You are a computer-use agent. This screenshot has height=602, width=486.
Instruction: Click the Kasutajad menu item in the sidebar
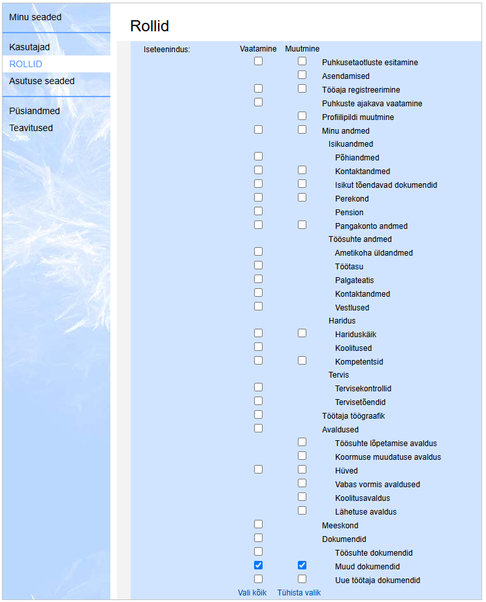coord(29,48)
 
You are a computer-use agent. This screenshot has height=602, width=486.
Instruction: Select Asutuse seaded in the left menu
coord(42,82)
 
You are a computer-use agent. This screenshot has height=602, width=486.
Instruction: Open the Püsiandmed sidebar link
coord(35,112)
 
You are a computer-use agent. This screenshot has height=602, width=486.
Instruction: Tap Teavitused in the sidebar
coord(31,128)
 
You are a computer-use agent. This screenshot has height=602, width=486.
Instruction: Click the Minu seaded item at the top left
coord(35,17)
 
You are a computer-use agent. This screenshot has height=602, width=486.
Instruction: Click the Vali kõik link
coord(253,593)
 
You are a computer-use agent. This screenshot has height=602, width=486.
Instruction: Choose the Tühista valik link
coord(299,593)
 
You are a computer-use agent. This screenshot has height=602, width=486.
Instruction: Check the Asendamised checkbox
coord(302,75)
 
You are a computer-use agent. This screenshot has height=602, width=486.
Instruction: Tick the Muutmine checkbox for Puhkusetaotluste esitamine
coord(302,61)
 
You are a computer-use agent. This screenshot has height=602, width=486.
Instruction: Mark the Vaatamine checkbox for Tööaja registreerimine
coord(258,89)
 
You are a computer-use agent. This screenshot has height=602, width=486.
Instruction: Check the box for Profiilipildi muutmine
coord(302,116)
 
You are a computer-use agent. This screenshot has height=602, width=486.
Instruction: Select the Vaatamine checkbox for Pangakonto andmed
coord(258,225)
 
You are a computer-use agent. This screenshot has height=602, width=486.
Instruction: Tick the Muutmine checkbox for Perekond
coord(302,198)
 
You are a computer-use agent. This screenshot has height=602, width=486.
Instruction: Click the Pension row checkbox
coord(258,211)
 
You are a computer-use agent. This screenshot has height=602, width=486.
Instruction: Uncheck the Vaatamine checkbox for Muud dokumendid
coord(258,565)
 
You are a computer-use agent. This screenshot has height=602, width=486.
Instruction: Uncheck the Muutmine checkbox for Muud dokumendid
coord(302,565)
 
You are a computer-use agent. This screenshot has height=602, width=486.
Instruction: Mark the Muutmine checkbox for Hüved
coord(302,470)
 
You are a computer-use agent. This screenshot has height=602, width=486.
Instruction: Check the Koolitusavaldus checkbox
coord(302,497)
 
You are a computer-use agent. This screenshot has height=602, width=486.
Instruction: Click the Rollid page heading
coord(150,26)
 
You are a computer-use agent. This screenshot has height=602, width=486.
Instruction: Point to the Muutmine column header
coord(302,49)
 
